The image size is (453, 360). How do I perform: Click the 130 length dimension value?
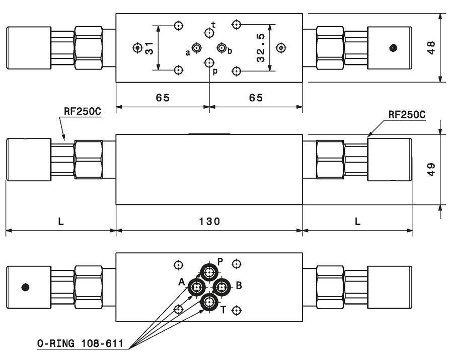point(209,222)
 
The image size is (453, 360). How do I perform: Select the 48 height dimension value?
point(431,48)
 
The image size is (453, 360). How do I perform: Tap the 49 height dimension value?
point(431,169)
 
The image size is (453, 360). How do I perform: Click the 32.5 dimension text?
point(261,48)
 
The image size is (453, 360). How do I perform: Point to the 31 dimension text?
point(149,48)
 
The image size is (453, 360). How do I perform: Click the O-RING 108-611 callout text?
point(81,343)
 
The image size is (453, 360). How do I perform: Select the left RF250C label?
point(83,111)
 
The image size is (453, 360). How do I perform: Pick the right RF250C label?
point(407,114)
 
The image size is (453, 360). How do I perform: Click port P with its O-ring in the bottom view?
point(209,271)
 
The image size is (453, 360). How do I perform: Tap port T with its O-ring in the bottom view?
point(209,303)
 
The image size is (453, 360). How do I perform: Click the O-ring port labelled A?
point(197,287)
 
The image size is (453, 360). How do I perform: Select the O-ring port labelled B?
point(221,287)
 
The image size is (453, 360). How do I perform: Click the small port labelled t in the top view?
point(209,33)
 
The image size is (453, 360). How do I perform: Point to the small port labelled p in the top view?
point(209,62)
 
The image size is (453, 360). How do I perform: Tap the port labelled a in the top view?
point(197,48)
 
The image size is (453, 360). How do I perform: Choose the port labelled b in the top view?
point(221,48)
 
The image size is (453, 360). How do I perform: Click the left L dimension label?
point(61,222)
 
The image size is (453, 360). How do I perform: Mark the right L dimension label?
point(358,222)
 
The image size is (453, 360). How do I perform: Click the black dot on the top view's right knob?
point(393,48)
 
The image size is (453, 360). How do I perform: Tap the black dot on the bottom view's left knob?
point(26,287)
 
